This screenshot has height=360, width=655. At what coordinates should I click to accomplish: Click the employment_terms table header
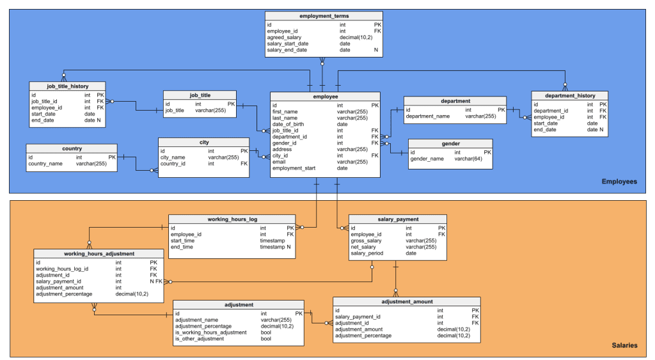click(x=324, y=15)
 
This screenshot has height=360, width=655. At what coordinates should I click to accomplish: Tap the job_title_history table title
click(x=68, y=86)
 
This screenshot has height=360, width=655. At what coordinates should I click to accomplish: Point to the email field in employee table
click(x=280, y=162)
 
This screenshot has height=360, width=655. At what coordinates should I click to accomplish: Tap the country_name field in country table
click(x=45, y=164)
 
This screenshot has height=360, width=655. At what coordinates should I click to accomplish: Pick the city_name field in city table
click(x=173, y=157)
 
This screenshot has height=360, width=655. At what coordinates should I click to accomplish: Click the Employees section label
click(x=619, y=182)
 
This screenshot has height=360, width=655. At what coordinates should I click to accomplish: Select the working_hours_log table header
click(x=232, y=219)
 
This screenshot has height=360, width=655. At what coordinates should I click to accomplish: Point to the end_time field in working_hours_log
click(x=183, y=247)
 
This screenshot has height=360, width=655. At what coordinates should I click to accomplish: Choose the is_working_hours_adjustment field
click(x=210, y=333)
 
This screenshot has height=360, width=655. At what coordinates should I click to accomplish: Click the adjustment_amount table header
click(x=407, y=301)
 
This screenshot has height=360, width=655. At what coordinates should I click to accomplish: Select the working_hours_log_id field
click(x=62, y=269)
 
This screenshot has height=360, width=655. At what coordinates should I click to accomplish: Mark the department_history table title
click(x=569, y=95)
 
